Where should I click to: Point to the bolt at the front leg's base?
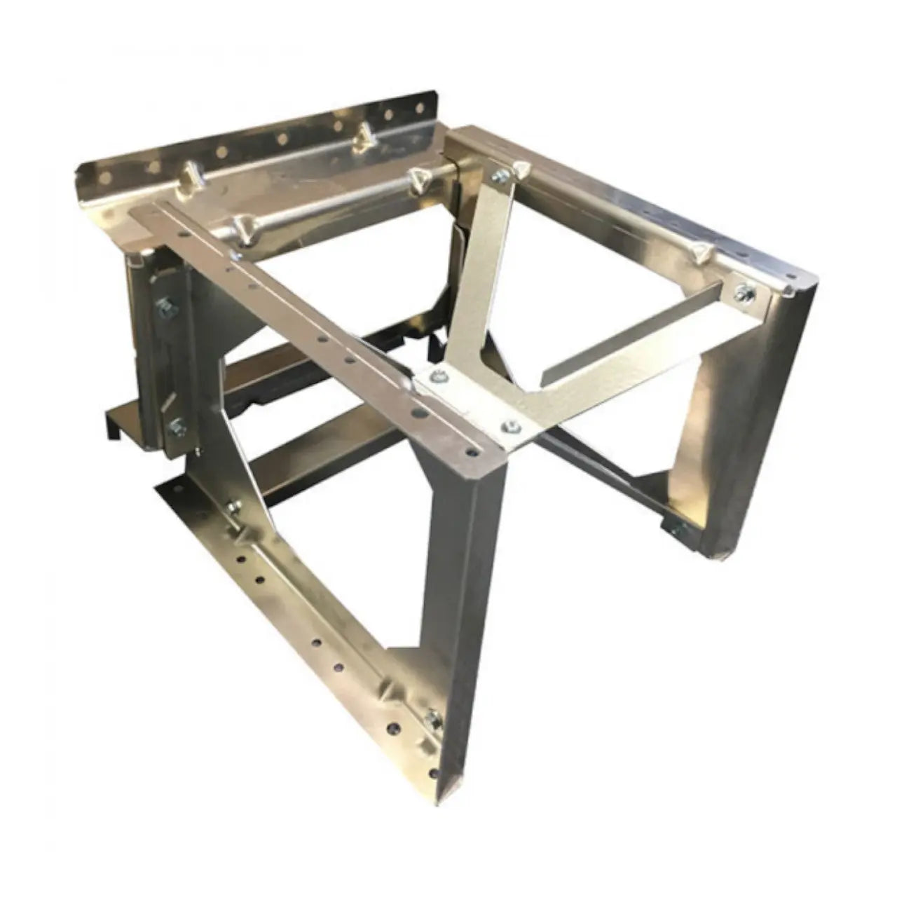tap(432, 697)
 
